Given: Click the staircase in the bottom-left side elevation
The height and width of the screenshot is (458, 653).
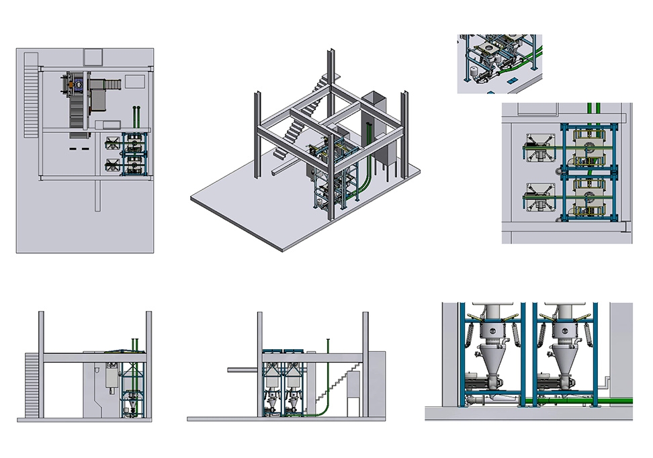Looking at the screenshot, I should [x=32, y=386].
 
